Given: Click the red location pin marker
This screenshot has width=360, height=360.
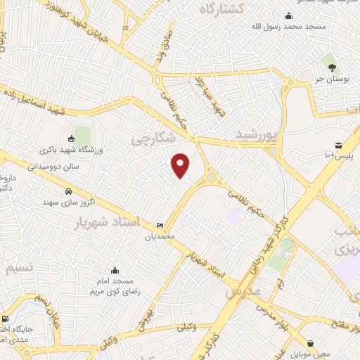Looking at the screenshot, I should (x=181, y=165).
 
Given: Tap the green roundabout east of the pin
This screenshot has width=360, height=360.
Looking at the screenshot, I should (x=212, y=179).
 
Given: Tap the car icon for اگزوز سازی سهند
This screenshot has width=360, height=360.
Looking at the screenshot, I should (x=67, y=191).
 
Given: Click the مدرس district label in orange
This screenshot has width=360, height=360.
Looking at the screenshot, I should (x=243, y=290).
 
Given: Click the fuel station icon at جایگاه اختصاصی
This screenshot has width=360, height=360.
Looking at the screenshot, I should (x=6, y=319).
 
